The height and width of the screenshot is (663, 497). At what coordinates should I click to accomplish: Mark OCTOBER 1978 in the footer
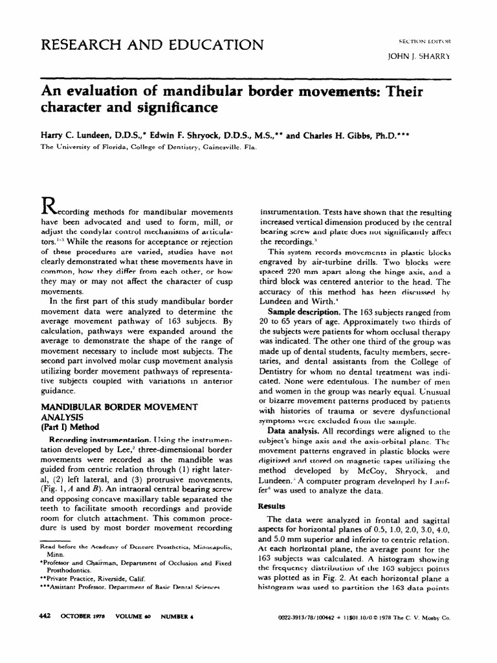point(83,636)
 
